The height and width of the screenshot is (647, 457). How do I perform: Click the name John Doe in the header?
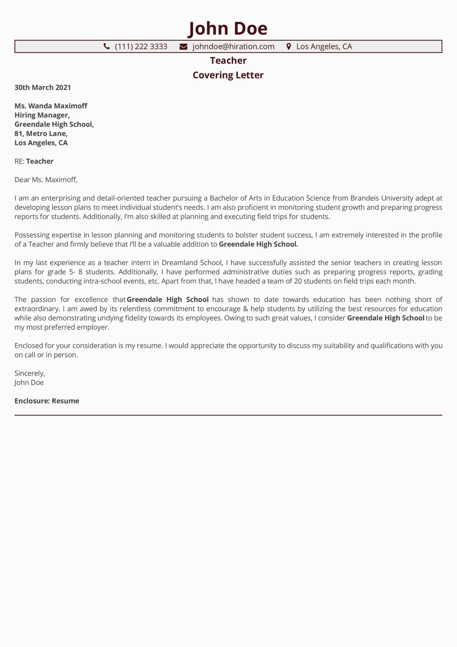pyautogui.click(x=228, y=29)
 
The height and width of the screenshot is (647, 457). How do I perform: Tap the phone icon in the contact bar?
pyautogui.click(x=107, y=46)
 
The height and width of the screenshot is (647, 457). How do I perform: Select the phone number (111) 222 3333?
pyautogui.click(x=141, y=47)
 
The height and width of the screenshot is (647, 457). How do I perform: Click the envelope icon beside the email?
pyautogui.click(x=183, y=47)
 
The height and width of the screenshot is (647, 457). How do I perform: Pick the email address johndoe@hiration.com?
pyautogui.click(x=233, y=47)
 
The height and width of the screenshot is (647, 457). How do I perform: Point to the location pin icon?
pyautogui.click(x=288, y=47)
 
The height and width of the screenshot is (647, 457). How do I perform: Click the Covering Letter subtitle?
pyautogui.click(x=228, y=75)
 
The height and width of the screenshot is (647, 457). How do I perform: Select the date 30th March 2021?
pyautogui.click(x=42, y=88)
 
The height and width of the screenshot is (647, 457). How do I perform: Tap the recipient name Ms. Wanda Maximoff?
pyautogui.click(x=51, y=106)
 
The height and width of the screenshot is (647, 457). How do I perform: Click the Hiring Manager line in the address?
pyautogui.click(x=42, y=115)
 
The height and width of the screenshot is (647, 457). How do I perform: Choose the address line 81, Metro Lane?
pyautogui.click(x=41, y=134)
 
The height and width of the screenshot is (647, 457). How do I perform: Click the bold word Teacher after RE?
pyautogui.click(x=40, y=161)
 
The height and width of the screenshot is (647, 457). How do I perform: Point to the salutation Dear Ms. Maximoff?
pyautogui.click(x=46, y=180)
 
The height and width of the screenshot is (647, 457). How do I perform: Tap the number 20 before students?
pyautogui.click(x=298, y=281)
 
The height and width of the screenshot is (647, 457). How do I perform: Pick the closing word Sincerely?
pyautogui.click(x=30, y=373)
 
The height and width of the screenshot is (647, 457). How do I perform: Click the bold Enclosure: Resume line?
pyautogui.click(x=47, y=401)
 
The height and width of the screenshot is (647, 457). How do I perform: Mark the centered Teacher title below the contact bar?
pyautogui.click(x=228, y=61)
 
